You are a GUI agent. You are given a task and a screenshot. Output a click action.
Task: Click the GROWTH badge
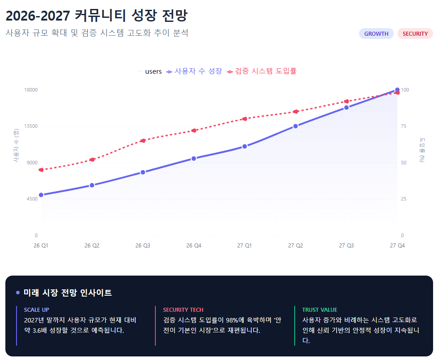[376, 33]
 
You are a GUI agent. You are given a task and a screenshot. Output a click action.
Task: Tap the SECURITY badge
[415, 33]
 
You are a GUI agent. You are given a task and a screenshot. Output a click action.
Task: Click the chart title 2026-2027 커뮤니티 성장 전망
[96, 16]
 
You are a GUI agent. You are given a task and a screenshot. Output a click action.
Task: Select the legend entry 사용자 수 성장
[194, 71]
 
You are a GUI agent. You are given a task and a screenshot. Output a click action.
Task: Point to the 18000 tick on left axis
[30, 90]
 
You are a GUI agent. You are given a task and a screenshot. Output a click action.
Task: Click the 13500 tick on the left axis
[30, 126]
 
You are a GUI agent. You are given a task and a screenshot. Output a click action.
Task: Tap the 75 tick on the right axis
[404, 126]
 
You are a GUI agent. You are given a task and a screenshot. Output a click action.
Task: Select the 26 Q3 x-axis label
[143, 245]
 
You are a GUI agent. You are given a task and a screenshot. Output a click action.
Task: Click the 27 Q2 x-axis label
[296, 245]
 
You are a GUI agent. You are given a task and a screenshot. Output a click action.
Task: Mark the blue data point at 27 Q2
[296, 126]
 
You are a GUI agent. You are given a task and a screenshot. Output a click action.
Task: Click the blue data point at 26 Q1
[41, 195]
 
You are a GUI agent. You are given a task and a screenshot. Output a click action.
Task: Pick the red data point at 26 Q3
[143, 141]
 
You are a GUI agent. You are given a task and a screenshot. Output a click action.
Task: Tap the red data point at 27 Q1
[245, 119]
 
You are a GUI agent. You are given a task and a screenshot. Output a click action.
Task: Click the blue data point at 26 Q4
[194, 159]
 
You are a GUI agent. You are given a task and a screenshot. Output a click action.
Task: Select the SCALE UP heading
[37, 310]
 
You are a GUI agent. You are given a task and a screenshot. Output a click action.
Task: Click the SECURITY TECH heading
[183, 310]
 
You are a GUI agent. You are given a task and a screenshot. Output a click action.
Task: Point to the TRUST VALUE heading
[320, 310]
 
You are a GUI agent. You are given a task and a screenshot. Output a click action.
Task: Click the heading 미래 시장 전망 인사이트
[67, 293]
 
